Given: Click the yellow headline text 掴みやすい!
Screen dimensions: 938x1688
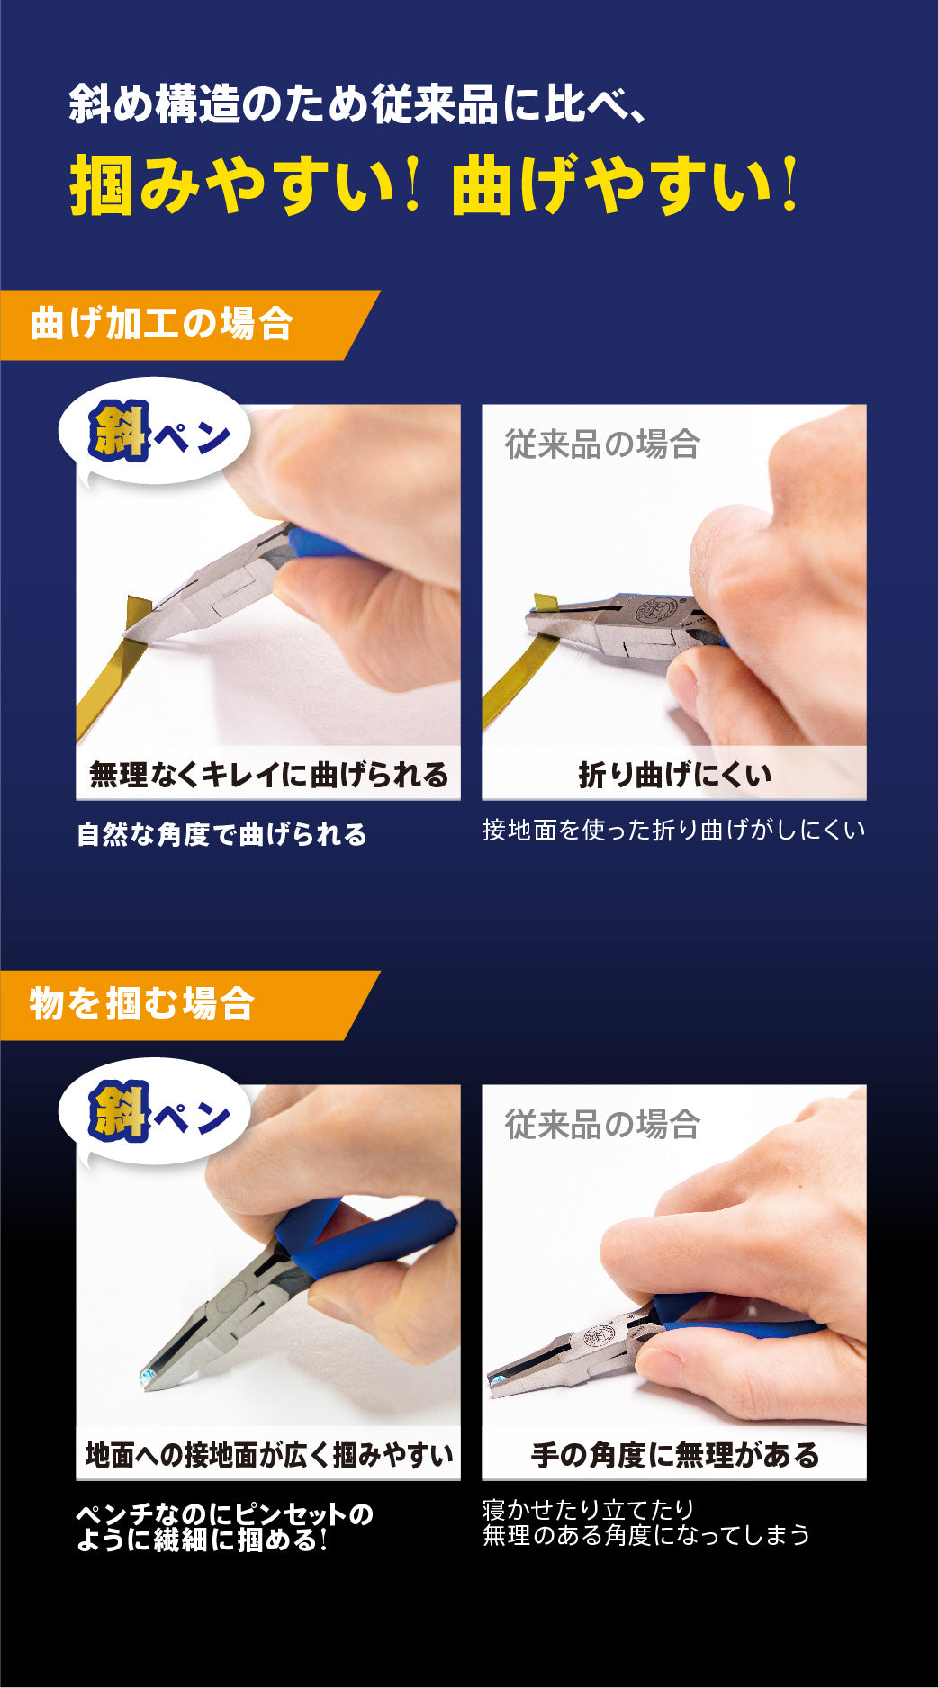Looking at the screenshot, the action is tap(246, 184).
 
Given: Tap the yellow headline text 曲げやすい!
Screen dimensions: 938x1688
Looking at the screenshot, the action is tap(625, 184).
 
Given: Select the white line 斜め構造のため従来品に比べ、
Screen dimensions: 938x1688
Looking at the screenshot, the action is tap(358, 105).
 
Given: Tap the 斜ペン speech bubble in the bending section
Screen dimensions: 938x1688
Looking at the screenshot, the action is tap(154, 435).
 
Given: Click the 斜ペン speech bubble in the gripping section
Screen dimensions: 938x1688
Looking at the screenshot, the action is tap(154, 1115).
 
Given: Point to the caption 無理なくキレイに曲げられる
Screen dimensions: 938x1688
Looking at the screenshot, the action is tap(268, 775).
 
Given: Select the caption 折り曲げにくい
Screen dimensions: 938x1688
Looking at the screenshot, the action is tap(674, 775).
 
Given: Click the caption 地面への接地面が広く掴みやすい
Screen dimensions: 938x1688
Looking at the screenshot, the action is tap(268, 1455).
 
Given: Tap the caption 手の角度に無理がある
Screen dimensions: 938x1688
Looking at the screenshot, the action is tap(674, 1455).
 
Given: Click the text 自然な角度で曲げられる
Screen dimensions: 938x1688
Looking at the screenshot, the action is tap(221, 834).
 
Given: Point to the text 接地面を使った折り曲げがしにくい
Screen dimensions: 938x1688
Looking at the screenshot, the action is tap(673, 830).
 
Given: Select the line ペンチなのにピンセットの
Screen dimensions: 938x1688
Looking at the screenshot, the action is tap(224, 1514).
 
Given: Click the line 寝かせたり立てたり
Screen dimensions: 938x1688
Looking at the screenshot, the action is tap(589, 1509).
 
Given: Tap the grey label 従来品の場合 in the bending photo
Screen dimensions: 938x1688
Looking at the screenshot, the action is tap(602, 444).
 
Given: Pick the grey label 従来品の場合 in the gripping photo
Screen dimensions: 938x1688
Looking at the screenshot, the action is tap(602, 1125).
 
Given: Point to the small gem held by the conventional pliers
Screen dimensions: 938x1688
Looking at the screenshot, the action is tap(495, 1378).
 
